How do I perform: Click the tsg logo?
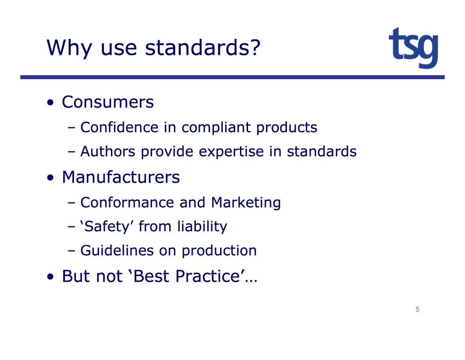[x=413, y=48]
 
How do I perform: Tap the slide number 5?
[x=417, y=310]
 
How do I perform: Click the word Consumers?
[x=108, y=102]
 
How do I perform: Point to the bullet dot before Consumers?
[x=50, y=103]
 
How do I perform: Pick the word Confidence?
[x=119, y=127]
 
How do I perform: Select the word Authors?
[x=108, y=151]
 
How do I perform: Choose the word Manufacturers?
[x=121, y=177]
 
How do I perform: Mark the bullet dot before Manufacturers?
[x=50, y=178]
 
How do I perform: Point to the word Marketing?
[x=246, y=203]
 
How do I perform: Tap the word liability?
[x=202, y=227]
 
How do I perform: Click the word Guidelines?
[x=117, y=250]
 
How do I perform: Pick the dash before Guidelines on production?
[x=72, y=251]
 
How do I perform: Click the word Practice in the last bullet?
[x=208, y=276]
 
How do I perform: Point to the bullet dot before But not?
[x=50, y=277]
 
